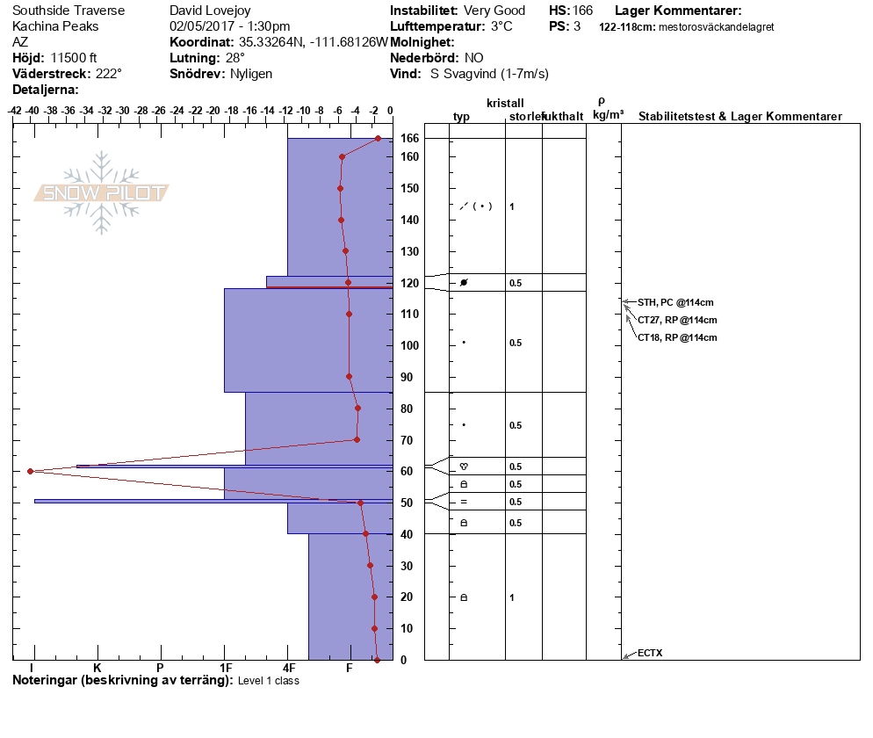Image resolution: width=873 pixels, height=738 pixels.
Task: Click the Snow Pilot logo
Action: point(101,192)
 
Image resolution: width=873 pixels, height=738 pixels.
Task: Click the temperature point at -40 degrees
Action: point(31,471)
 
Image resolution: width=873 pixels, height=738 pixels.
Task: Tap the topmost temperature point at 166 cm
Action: point(378,138)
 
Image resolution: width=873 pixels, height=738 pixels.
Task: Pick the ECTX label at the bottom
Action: point(650,653)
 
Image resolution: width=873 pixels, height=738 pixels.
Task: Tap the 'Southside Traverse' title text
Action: point(69,11)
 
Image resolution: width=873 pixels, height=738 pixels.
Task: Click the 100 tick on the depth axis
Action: point(406,345)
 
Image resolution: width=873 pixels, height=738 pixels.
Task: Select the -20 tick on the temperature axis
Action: point(212,112)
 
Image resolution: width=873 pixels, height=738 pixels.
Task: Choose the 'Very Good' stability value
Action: point(494,11)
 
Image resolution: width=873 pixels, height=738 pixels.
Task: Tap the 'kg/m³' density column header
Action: point(608,115)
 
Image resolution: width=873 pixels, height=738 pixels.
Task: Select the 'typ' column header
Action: point(462,117)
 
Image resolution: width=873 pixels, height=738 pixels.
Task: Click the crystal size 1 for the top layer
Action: point(512,206)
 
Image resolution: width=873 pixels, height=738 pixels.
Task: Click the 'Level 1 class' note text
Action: point(269,681)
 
